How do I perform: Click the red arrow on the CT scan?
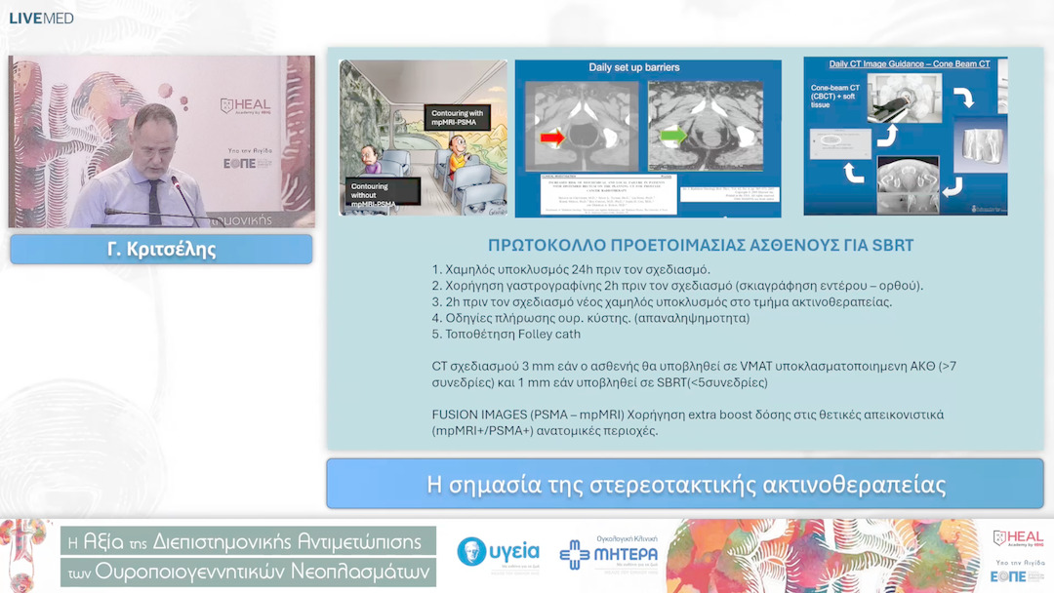pyautogui.click(x=552, y=138)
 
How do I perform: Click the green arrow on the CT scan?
pyautogui.click(x=673, y=136)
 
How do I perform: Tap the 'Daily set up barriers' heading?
pyautogui.click(x=633, y=67)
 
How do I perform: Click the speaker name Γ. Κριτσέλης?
pyautogui.click(x=161, y=250)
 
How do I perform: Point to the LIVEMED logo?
pyautogui.click(x=41, y=18)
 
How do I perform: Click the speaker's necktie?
pyautogui.click(x=153, y=199)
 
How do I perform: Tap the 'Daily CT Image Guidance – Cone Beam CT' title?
pyautogui.click(x=909, y=64)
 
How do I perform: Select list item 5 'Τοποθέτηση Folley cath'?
pyautogui.click(x=506, y=334)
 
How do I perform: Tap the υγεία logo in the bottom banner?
pyautogui.click(x=498, y=553)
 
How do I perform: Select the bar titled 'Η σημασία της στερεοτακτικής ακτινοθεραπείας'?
pyautogui.click(x=686, y=484)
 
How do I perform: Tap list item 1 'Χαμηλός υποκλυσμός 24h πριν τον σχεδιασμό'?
pyautogui.click(x=571, y=269)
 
